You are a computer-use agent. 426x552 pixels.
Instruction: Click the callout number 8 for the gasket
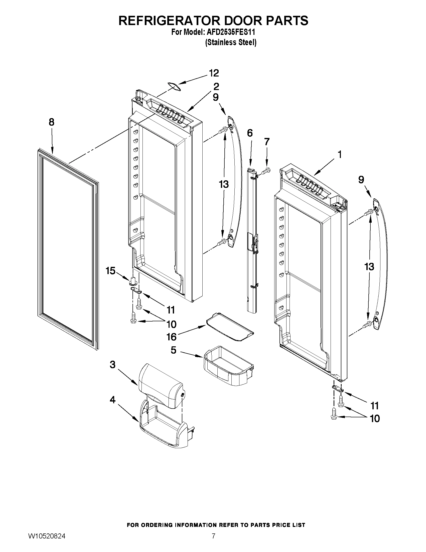click(x=52, y=122)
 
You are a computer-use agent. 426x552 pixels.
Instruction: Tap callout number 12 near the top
click(x=214, y=73)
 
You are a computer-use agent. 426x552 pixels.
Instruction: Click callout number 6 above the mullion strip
click(x=250, y=133)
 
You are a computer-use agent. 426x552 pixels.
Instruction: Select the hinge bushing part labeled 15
click(x=133, y=281)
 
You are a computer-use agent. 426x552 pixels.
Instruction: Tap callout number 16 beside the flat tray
click(x=172, y=337)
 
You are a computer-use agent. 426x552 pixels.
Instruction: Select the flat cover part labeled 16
click(x=230, y=327)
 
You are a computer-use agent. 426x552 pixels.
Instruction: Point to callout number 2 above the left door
click(x=216, y=87)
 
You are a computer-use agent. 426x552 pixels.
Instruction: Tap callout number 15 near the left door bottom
click(x=110, y=271)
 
